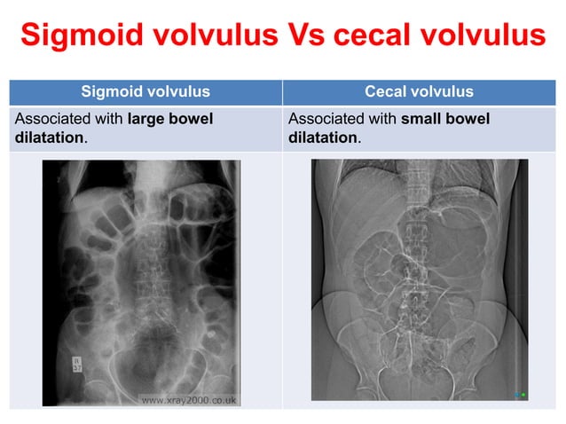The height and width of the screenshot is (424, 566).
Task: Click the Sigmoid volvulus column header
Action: pyautogui.click(x=145, y=91)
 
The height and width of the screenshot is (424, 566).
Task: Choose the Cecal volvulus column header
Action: pyautogui.click(x=419, y=91)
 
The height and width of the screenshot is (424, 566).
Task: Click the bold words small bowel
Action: pyautogui.click(x=445, y=119)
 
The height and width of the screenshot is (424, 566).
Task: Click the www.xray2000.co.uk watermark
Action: pyautogui.click(x=189, y=399)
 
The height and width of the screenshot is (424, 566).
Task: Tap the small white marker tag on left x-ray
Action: pyautogui.click(x=76, y=363)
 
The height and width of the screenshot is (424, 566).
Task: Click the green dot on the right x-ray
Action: pyautogui.click(x=523, y=392)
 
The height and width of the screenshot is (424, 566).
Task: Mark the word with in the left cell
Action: pyautogui.click(x=110, y=119)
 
